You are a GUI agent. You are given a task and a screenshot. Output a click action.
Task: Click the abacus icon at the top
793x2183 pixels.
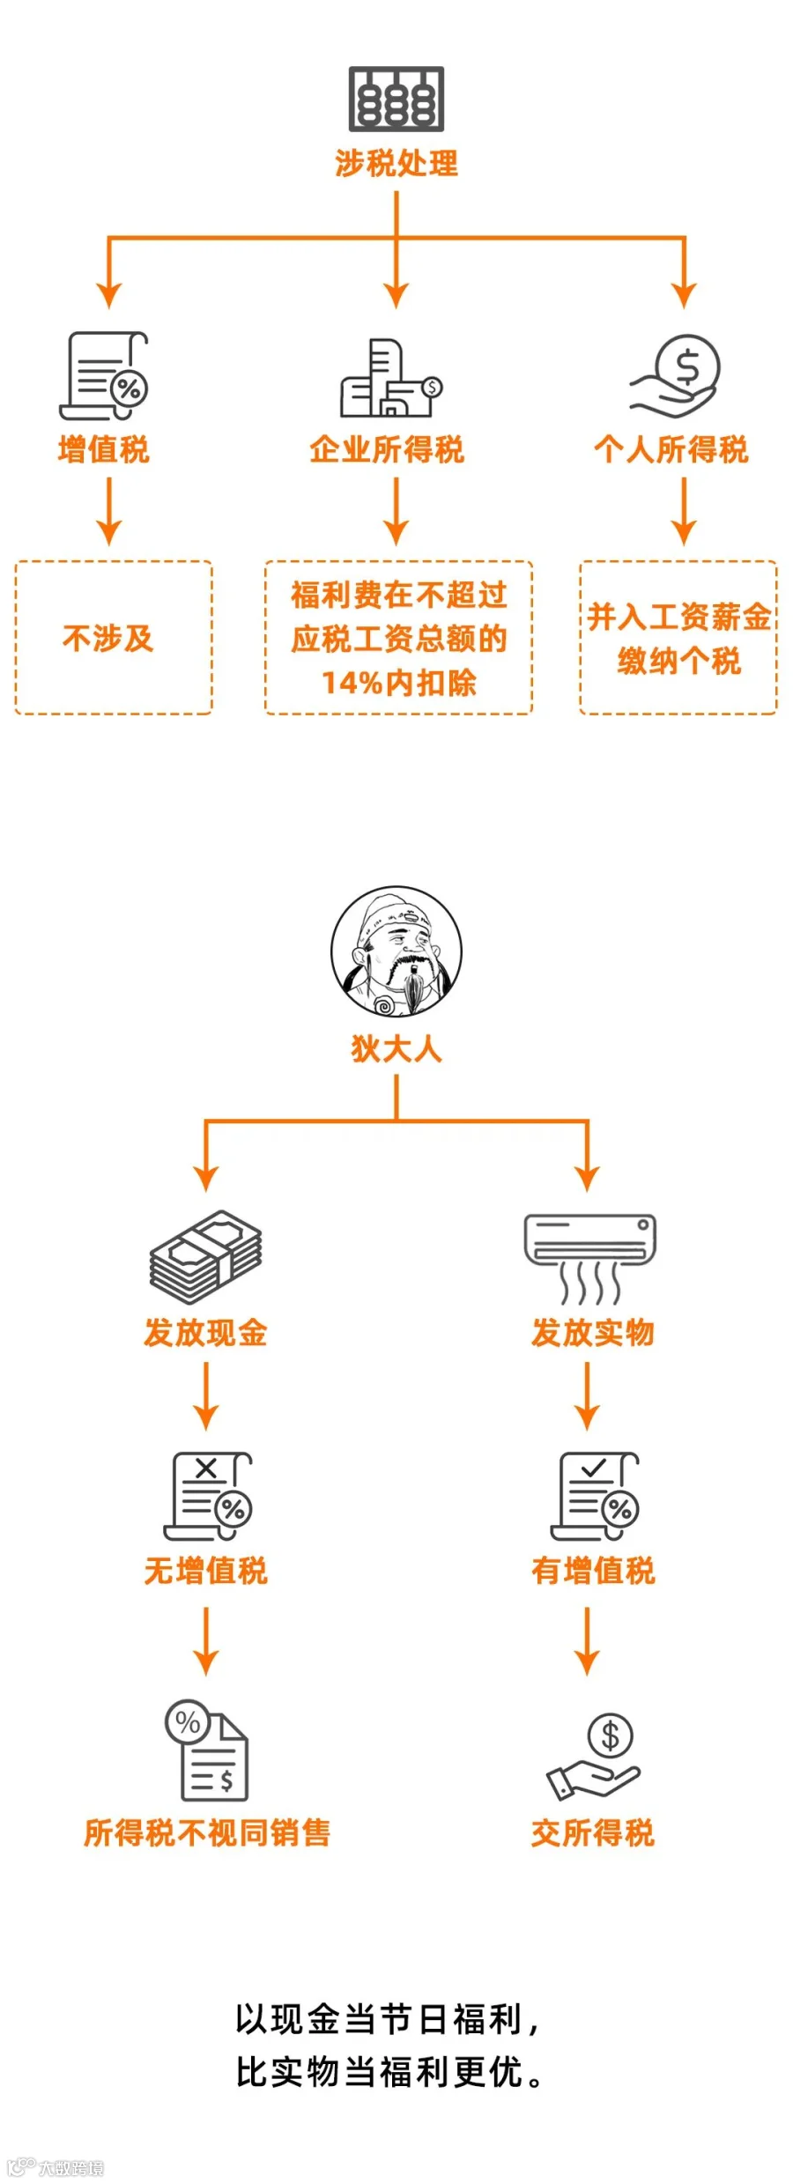(396, 99)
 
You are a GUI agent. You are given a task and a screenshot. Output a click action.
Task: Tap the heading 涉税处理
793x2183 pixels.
(396, 163)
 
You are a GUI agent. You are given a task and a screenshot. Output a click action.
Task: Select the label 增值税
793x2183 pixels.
(104, 449)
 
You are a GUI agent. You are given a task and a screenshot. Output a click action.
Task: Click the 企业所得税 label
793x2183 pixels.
(387, 449)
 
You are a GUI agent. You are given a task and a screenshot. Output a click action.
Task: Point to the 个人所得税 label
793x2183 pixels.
(671, 449)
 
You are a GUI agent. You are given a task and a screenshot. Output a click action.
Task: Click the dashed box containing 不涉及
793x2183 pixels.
(113, 637)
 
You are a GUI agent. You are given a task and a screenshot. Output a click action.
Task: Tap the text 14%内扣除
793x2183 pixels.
(398, 683)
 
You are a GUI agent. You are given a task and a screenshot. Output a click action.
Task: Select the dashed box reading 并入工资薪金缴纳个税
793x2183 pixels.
(678, 637)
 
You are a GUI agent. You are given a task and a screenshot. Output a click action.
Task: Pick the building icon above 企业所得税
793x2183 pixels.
(390, 379)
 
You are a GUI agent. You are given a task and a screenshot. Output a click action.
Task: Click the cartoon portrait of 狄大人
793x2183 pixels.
(396, 951)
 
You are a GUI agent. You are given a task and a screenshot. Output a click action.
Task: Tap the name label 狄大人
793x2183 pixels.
(396, 1048)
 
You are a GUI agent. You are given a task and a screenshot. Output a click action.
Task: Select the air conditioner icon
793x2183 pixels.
(589, 1256)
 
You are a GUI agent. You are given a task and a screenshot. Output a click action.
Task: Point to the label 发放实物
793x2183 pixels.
(592, 1333)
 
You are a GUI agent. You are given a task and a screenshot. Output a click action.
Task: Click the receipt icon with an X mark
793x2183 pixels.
(209, 1496)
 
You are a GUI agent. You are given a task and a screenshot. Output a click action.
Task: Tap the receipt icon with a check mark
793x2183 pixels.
(596, 1496)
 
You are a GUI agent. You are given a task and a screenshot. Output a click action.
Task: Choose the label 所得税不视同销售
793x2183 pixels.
(206, 1833)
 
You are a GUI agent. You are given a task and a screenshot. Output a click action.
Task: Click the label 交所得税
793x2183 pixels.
(592, 1833)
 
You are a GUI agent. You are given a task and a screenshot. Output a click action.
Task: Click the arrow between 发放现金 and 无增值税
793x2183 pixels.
(205, 1395)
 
